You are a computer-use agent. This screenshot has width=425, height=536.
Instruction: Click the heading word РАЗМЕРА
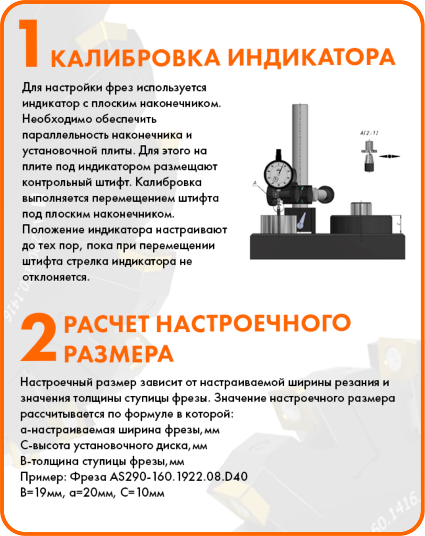point(118,354)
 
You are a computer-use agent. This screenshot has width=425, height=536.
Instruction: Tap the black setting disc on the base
point(361,224)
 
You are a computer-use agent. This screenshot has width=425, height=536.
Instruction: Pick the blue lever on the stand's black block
point(302,221)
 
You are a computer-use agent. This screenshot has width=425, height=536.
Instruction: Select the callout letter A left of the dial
point(254,183)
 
